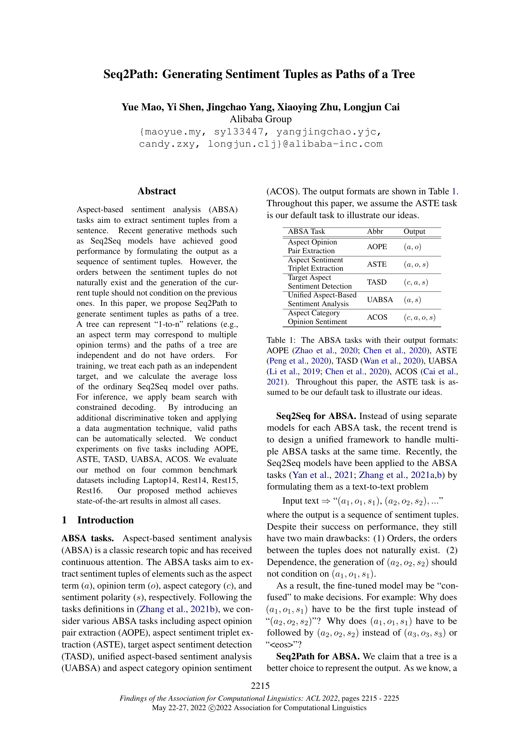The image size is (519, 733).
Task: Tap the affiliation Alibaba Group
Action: (x=260, y=119)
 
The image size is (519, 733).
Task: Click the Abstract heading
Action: (x=157, y=191)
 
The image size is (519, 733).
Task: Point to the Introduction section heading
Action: (x=105, y=520)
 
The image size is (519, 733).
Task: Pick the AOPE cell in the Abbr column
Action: (x=377, y=247)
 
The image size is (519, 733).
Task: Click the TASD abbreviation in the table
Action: (x=377, y=282)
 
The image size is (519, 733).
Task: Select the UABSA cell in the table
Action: (x=380, y=300)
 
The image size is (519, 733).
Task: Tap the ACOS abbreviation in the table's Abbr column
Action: (x=377, y=317)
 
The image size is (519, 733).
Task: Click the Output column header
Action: (x=414, y=232)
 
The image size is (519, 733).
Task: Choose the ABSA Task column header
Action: (x=306, y=232)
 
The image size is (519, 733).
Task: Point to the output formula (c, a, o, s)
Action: (x=419, y=318)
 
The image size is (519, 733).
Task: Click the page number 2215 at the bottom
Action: (x=260, y=686)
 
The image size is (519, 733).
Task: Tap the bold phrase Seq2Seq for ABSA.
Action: (x=316, y=416)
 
